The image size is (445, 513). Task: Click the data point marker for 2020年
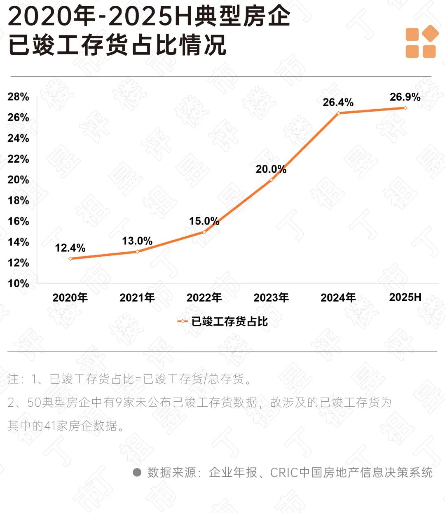pyautogui.click(x=70, y=259)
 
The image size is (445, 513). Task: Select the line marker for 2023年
pyautogui.click(x=271, y=180)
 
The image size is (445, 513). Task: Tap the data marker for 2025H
pyautogui.click(x=405, y=108)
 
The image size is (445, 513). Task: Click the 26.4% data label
pyautogui.click(x=338, y=102)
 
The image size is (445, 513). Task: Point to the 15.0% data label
pyautogui.click(x=204, y=221)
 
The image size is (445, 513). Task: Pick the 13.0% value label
pyautogui.click(x=137, y=241)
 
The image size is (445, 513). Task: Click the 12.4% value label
pyautogui.click(x=70, y=248)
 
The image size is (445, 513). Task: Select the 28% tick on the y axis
pyautogui.click(x=18, y=97)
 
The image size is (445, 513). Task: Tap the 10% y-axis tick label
pyautogui.click(x=18, y=283)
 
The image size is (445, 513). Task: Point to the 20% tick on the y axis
pyautogui.click(x=18, y=180)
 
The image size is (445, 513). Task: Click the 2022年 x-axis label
pyautogui.click(x=204, y=297)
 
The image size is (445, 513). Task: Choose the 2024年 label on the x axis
pyautogui.click(x=338, y=297)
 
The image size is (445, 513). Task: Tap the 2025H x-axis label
pyautogui.click(x=405, y=297)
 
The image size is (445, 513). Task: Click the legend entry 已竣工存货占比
pyautogui.click(x=229, y=321)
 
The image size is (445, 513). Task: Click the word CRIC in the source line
pyautogui.click(x=284, y=472)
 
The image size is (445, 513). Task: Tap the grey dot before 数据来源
pyautogui.click(x=137, y=472)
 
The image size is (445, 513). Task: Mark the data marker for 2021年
pyautogui.click(x=137, y=251)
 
